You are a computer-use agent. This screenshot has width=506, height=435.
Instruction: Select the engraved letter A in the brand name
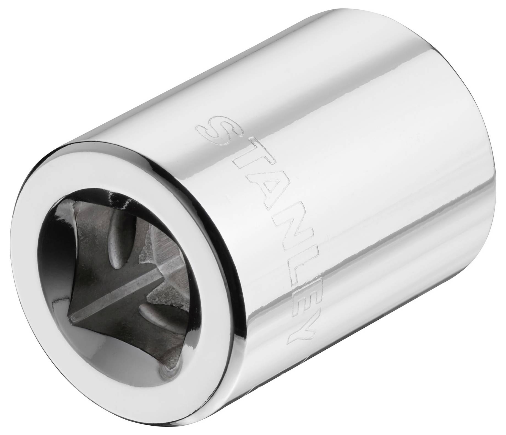(x=256, y=193)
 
